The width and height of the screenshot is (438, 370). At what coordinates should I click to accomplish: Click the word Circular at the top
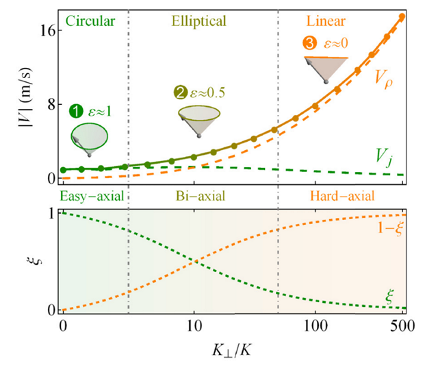pyautogui.click(x=88, y=21)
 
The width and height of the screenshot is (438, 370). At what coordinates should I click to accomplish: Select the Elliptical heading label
pyautogui.click(x=197, y=21)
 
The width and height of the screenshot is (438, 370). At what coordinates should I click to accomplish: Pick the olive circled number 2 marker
pyautogui.click(x=180, y=92)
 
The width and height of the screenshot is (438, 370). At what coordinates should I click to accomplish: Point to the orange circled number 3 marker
pyautogui.click(x=309, y=44)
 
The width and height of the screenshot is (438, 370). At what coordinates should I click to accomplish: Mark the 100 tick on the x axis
pyautogui.click(x=315, y=322)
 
